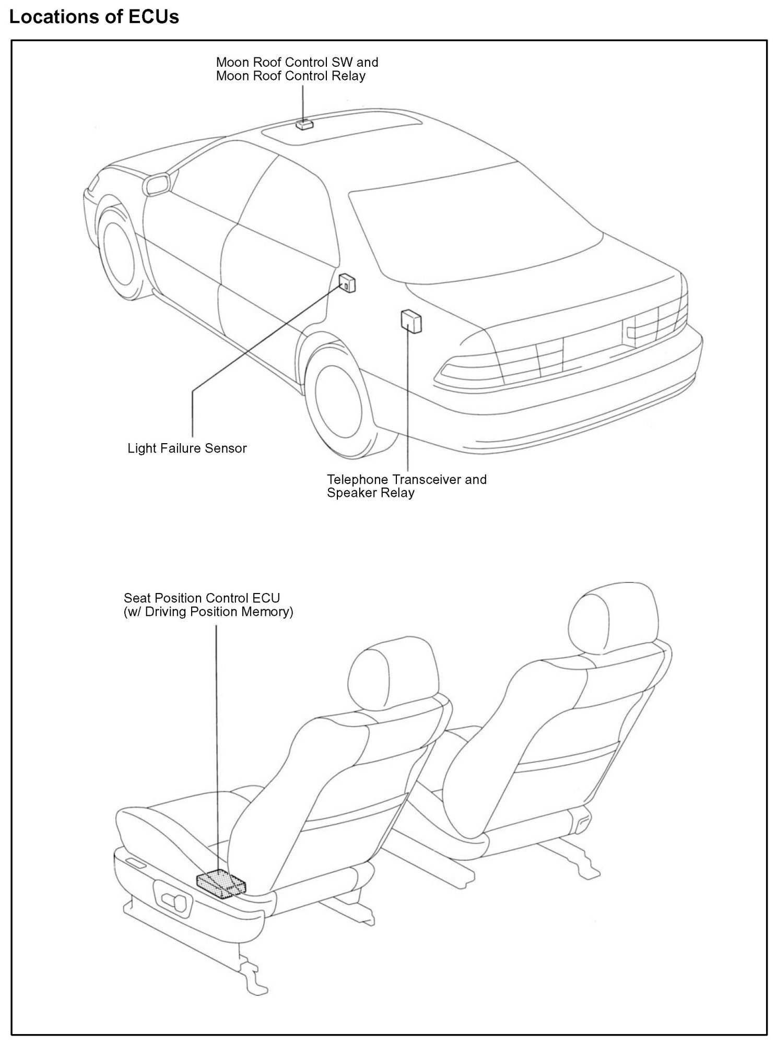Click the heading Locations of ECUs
[95, 17]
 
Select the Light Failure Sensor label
[187, 448]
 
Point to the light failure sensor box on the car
[347, 283]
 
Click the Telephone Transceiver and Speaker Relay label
[406, 486]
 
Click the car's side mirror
[157, 184]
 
